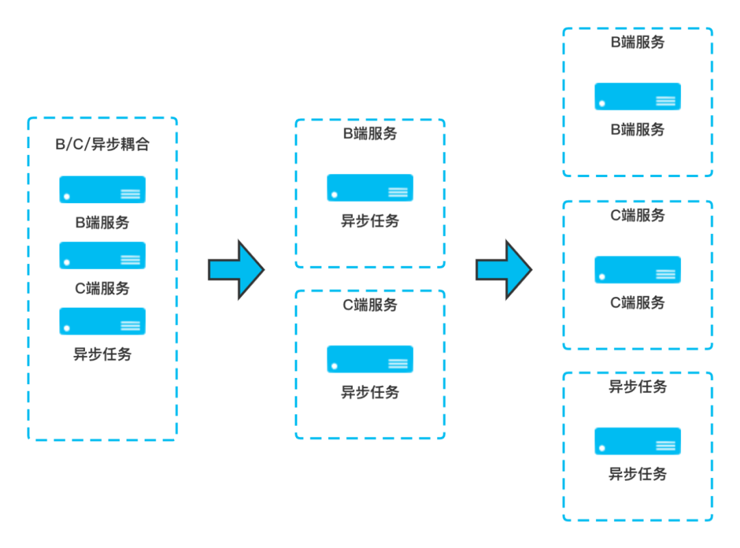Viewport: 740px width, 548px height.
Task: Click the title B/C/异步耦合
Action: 102,145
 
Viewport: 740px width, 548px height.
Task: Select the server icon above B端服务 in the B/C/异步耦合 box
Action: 102,189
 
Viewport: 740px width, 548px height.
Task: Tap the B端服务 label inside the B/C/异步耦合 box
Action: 102,222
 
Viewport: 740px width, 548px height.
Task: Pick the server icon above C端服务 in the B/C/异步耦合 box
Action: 102,255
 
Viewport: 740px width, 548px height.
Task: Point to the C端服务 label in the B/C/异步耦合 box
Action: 102,288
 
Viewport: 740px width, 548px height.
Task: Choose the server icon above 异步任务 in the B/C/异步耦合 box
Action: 102,321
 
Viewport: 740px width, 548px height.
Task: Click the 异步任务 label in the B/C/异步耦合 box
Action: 102,355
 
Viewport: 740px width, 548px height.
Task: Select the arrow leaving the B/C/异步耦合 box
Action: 236,269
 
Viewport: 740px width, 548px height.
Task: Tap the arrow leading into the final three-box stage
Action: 504,269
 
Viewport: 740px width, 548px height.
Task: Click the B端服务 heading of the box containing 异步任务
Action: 370,134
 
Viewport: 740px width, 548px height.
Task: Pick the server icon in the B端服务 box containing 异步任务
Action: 370,187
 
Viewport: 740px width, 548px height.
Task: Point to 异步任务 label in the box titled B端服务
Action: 370,221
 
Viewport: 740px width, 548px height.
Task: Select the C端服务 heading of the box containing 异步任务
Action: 370,305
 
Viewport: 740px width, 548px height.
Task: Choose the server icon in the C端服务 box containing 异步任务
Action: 370,359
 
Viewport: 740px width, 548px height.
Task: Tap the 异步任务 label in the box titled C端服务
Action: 370,392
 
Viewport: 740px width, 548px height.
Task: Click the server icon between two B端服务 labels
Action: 637,96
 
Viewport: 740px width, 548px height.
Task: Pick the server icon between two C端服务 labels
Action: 637,269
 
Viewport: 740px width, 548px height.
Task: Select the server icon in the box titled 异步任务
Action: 637,441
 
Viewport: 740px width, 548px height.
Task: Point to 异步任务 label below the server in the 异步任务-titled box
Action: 637,474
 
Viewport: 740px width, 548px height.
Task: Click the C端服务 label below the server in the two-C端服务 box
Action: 637,302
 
